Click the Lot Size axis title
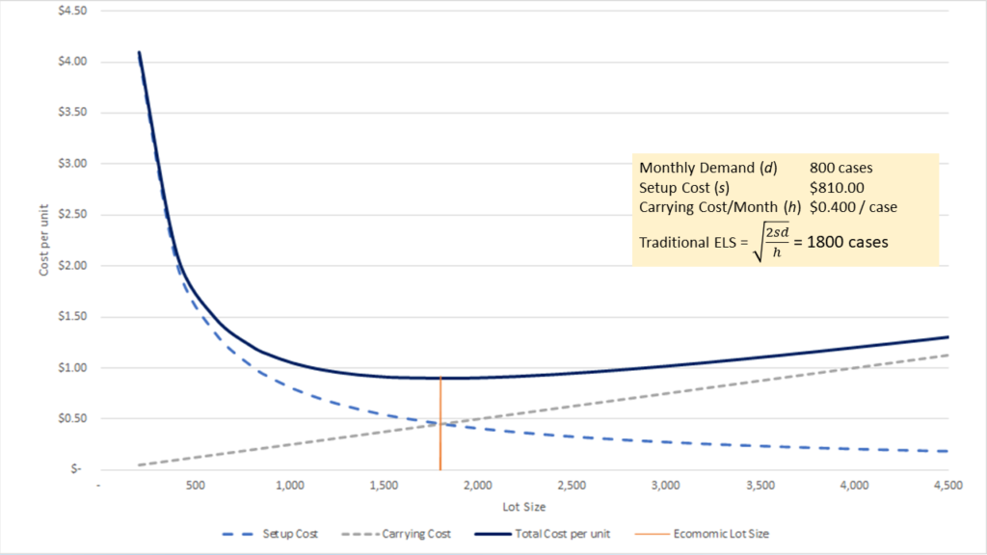524,506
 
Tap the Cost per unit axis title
44,241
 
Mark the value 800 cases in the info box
842,169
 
